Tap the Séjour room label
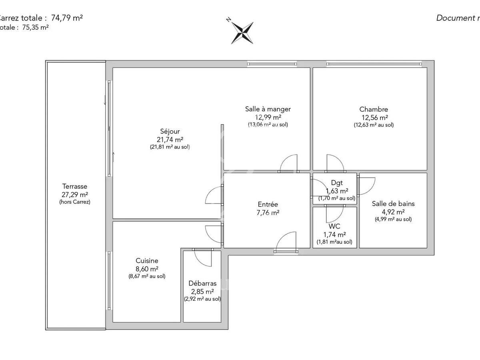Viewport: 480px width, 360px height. [x=170, y=131]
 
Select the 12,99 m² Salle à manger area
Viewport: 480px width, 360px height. [x=268, y=117]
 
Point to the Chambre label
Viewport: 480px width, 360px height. [x=374, y=109]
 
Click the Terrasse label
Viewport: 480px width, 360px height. [x=75, y=186]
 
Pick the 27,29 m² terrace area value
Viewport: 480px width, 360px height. [x=75, y=195]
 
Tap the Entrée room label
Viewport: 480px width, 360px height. [x=268, y=204]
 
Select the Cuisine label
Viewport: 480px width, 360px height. [x=147, y=261]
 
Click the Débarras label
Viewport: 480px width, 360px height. [x=202, y=284]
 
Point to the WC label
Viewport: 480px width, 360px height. [x=334, y=226]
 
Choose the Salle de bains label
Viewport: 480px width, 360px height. [x=393, y=204]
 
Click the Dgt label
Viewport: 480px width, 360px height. [x=337, y=183]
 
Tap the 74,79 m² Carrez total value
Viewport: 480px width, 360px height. [x=67, y=18]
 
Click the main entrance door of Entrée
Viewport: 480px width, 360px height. [x=286, y=242]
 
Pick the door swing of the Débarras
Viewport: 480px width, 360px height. [x=202, y=258]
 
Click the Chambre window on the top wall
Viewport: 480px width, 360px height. [x=374, y=64]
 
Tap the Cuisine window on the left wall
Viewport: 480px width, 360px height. [x=109, y=280]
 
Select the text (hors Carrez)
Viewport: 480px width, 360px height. [x=75, y=202]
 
